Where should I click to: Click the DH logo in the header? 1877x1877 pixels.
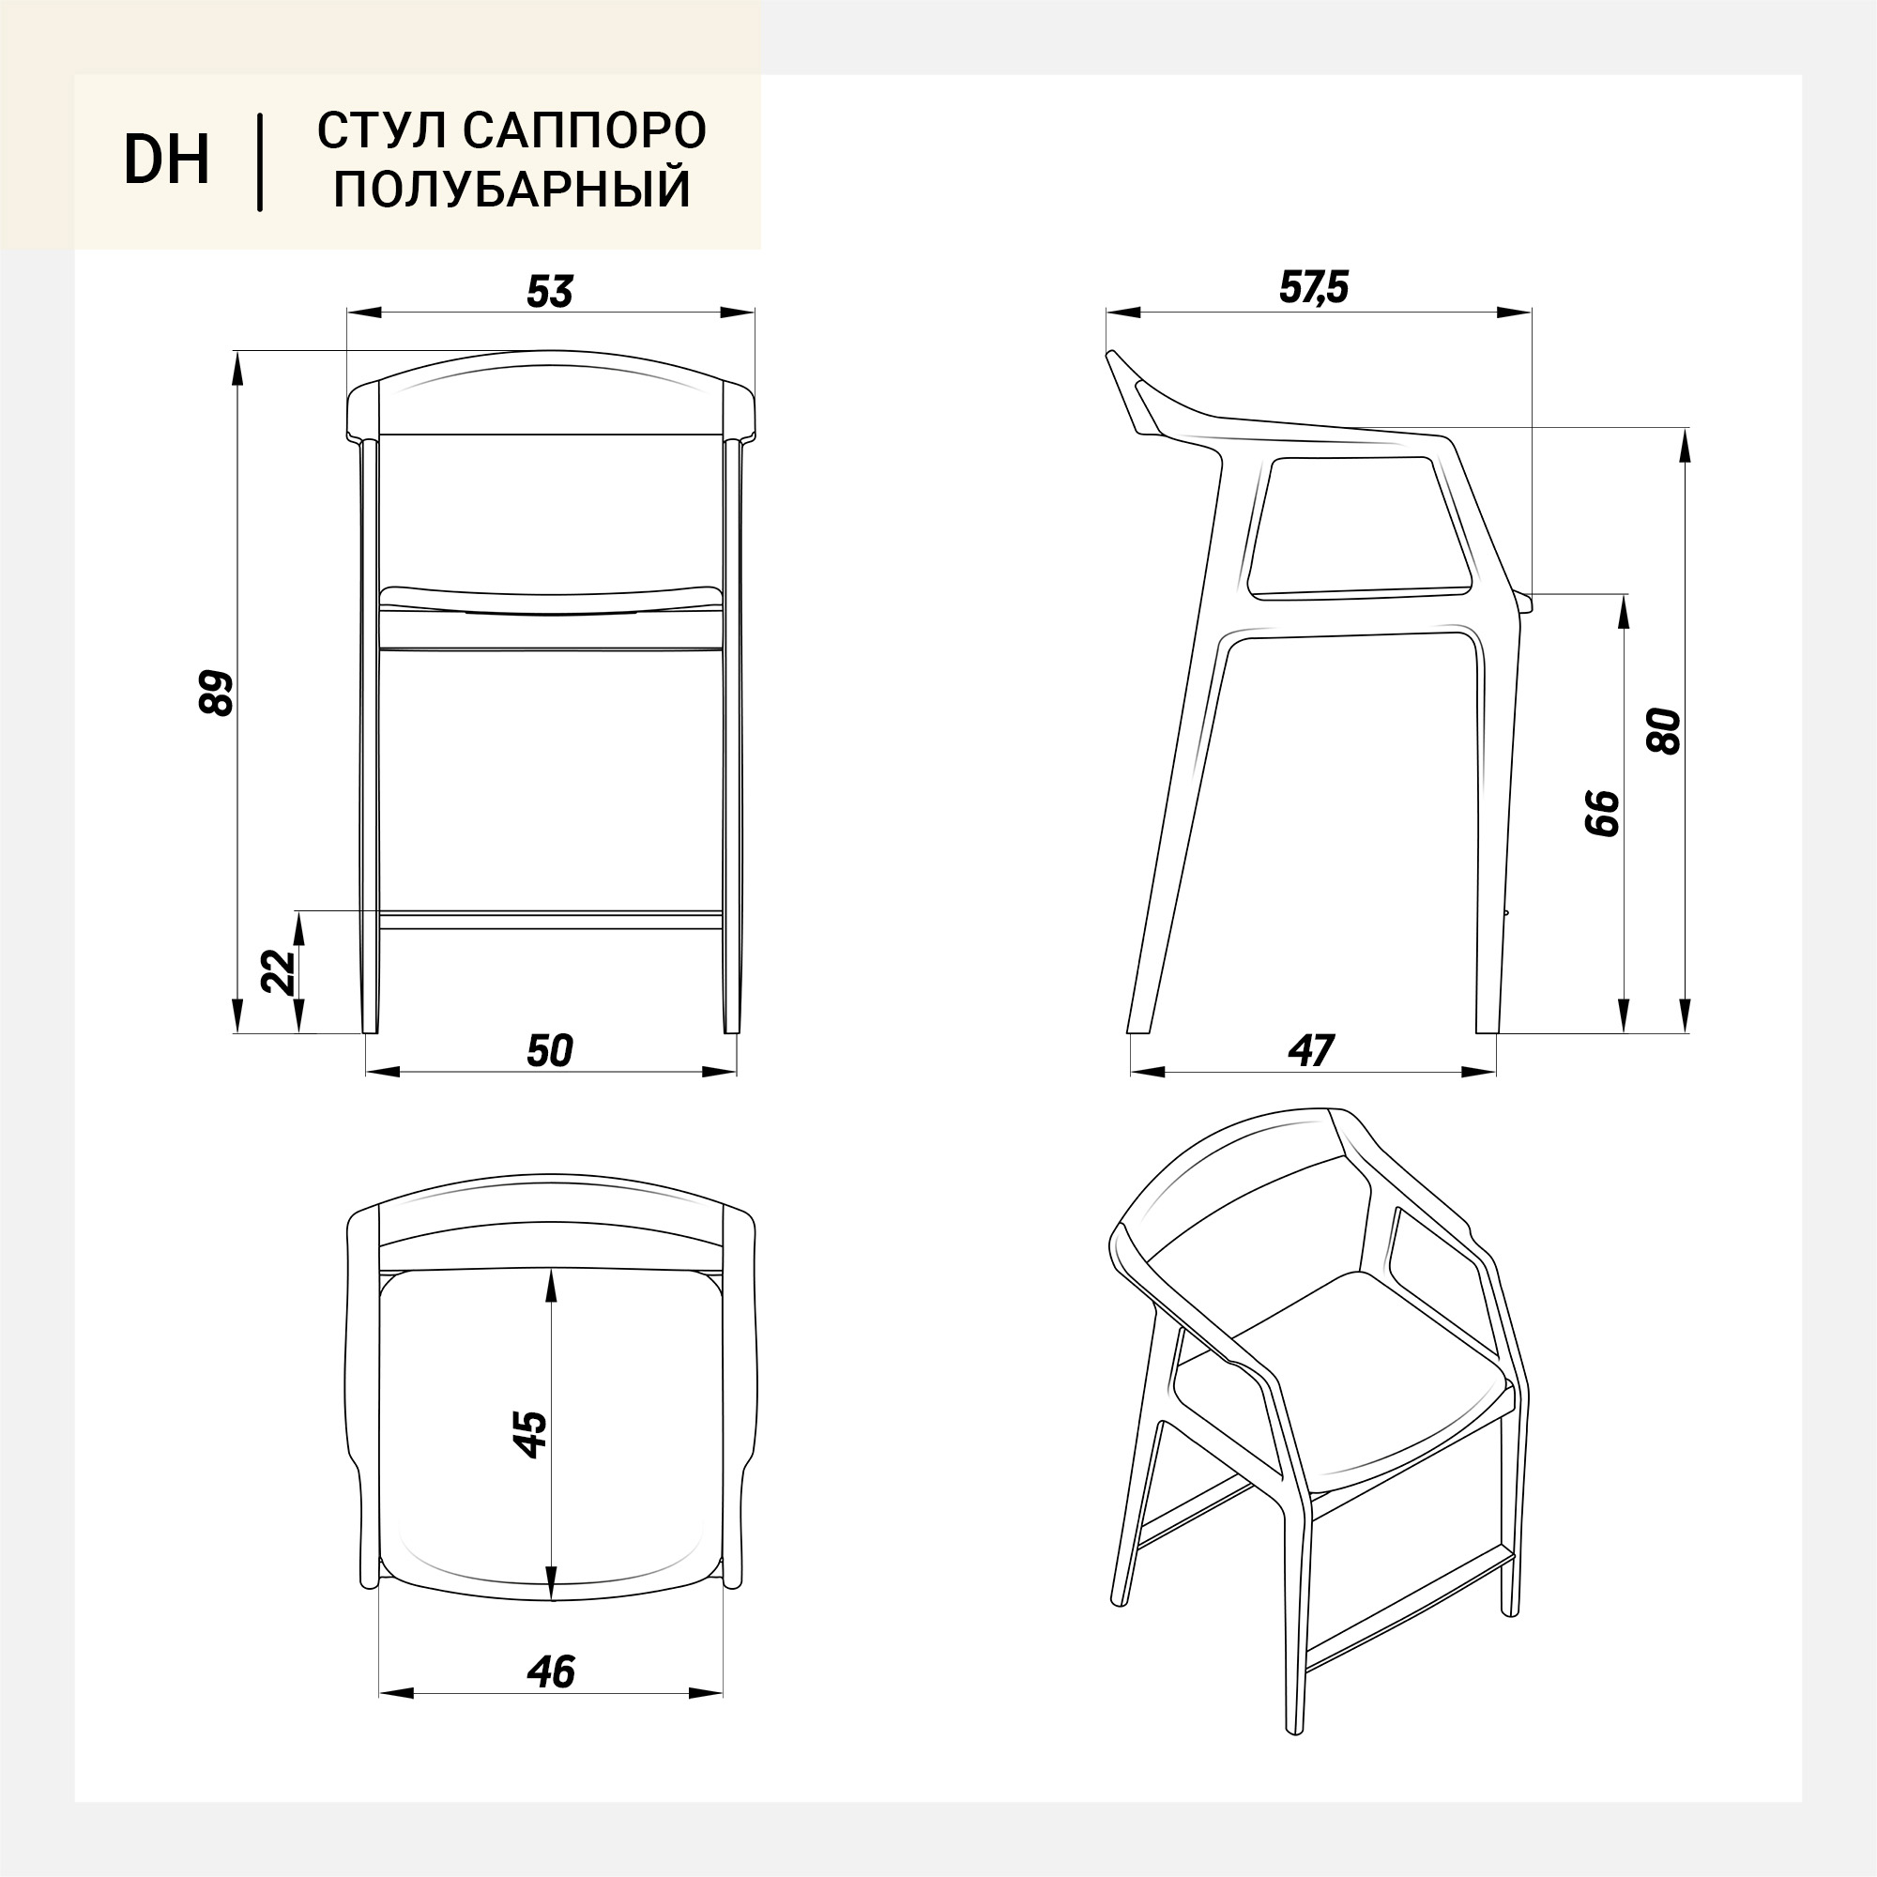coord(166,160)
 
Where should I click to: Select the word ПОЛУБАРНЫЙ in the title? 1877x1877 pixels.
coord(512,189)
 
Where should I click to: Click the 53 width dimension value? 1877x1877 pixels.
coord(551,292)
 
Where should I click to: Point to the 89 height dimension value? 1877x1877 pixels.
coord(217,693)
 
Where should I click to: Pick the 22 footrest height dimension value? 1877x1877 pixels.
coord(279,970)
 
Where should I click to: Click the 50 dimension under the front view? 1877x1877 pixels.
coord(550,1051)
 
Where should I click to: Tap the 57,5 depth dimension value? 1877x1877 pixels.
coord(1314,287)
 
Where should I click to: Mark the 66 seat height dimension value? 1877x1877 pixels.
coord(1602,813)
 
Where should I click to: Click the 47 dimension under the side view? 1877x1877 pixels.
coord(1312,1051)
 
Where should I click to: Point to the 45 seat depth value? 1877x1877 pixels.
coord(530,1434)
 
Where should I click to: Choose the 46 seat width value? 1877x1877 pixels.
coord(551,1672)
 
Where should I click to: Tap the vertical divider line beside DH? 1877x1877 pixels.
coord(259,162)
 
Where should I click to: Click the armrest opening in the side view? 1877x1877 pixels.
coord(1360,526)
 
